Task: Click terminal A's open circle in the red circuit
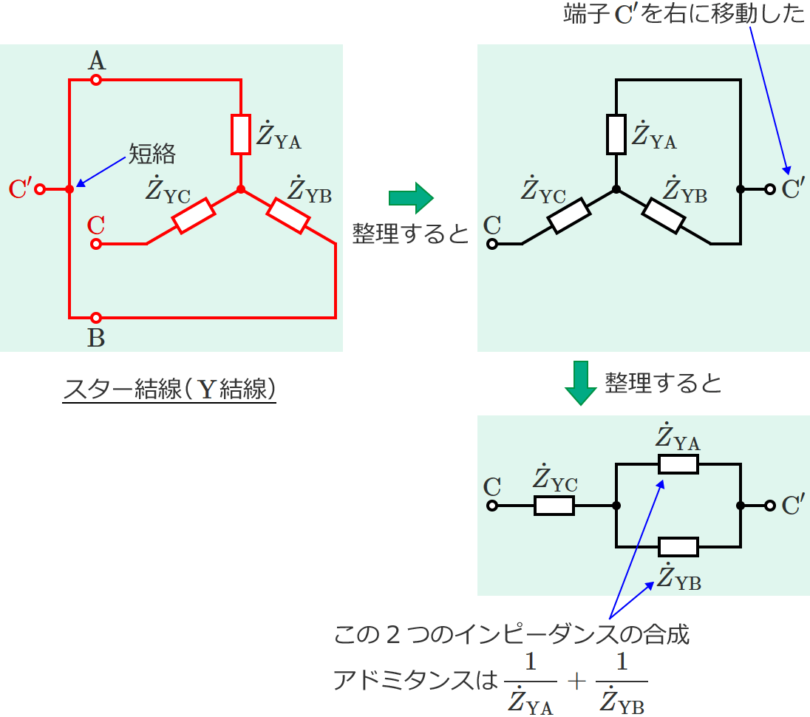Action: pos(95,80)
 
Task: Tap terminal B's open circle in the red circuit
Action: pos(95,317)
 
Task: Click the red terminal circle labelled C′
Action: pos(41,189)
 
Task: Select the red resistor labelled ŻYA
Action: pos(240,134)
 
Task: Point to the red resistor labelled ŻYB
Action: pos(287,215)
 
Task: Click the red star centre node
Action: pos(240,190)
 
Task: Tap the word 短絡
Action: pos(152,153)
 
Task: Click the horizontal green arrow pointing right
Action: pos(410,197)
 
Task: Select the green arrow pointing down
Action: pos(582,382)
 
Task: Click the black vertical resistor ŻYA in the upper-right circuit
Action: pos(616,134)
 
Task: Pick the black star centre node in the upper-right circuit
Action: pos(616,190)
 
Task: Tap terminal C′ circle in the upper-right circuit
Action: pos(769,189)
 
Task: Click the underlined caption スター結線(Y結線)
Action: pos(169,389)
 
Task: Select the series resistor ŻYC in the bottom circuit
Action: pos(554,506)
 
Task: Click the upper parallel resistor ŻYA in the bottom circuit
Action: pos(678,464)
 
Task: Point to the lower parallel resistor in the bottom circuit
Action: pos(678,547)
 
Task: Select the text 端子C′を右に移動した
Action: pos(684,15)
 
